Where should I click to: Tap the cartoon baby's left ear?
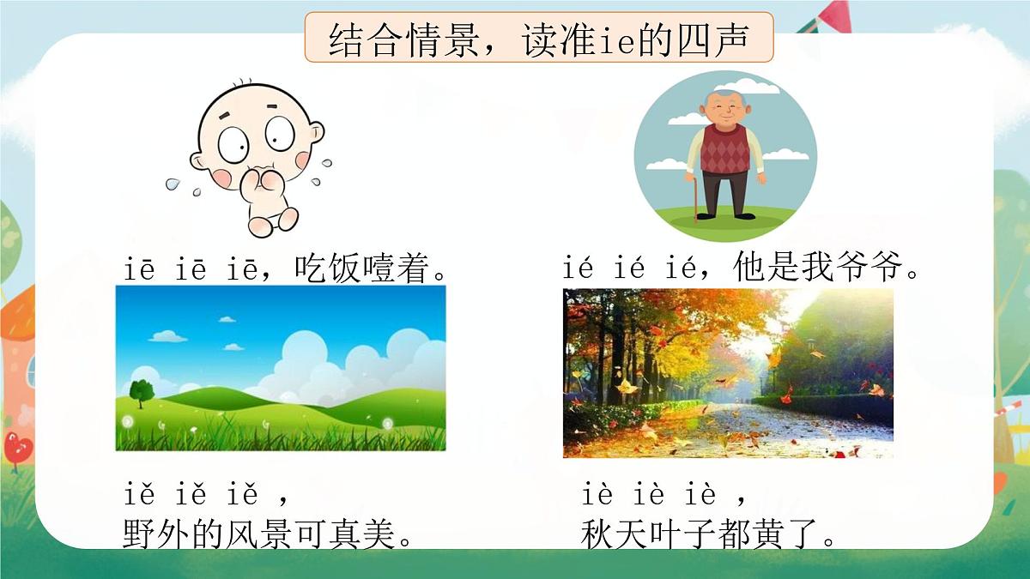(x=315, y=133)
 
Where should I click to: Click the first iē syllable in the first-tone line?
(x=139, y=270)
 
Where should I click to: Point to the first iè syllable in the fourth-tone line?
(x=597, y=496)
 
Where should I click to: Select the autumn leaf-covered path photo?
(x=728, y=373)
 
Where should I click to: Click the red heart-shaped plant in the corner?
(x=16, y=445)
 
